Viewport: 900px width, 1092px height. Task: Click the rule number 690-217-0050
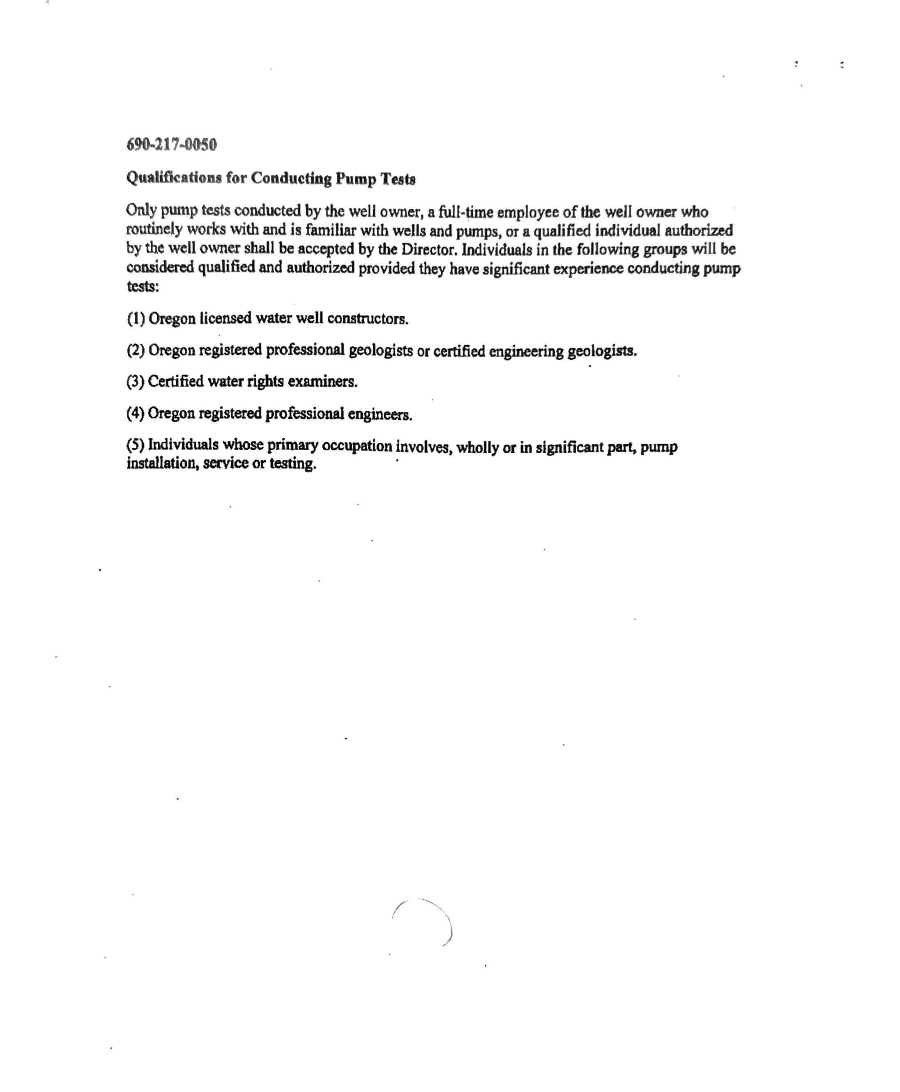(172, 145)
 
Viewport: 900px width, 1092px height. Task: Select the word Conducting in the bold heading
(291, 178)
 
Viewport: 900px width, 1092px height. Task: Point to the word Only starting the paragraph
(141, 210)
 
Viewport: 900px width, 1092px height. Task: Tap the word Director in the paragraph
(429, 249)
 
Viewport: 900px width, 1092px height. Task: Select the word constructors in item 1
(368, 319)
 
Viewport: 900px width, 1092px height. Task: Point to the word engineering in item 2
(526, 352)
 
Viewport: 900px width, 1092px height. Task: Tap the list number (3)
(135, 382)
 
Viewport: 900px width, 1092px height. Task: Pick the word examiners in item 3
(322, 382)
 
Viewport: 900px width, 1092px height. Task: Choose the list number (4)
(135, 414)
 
